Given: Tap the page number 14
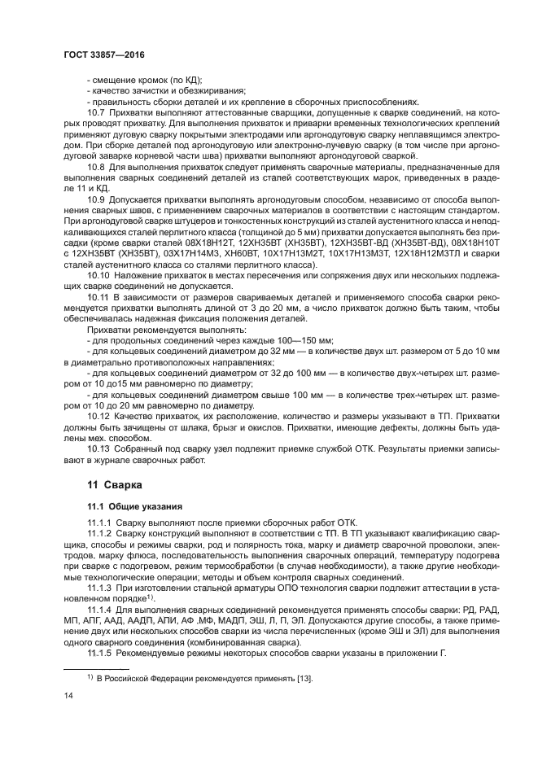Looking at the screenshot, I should point(68,694).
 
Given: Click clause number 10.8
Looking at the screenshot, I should point(97,166).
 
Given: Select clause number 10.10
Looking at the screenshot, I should point(99,277).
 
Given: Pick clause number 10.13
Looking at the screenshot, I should point(99,448).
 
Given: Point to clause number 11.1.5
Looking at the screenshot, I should point(101,654).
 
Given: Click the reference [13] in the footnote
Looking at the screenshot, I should point(304,678).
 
